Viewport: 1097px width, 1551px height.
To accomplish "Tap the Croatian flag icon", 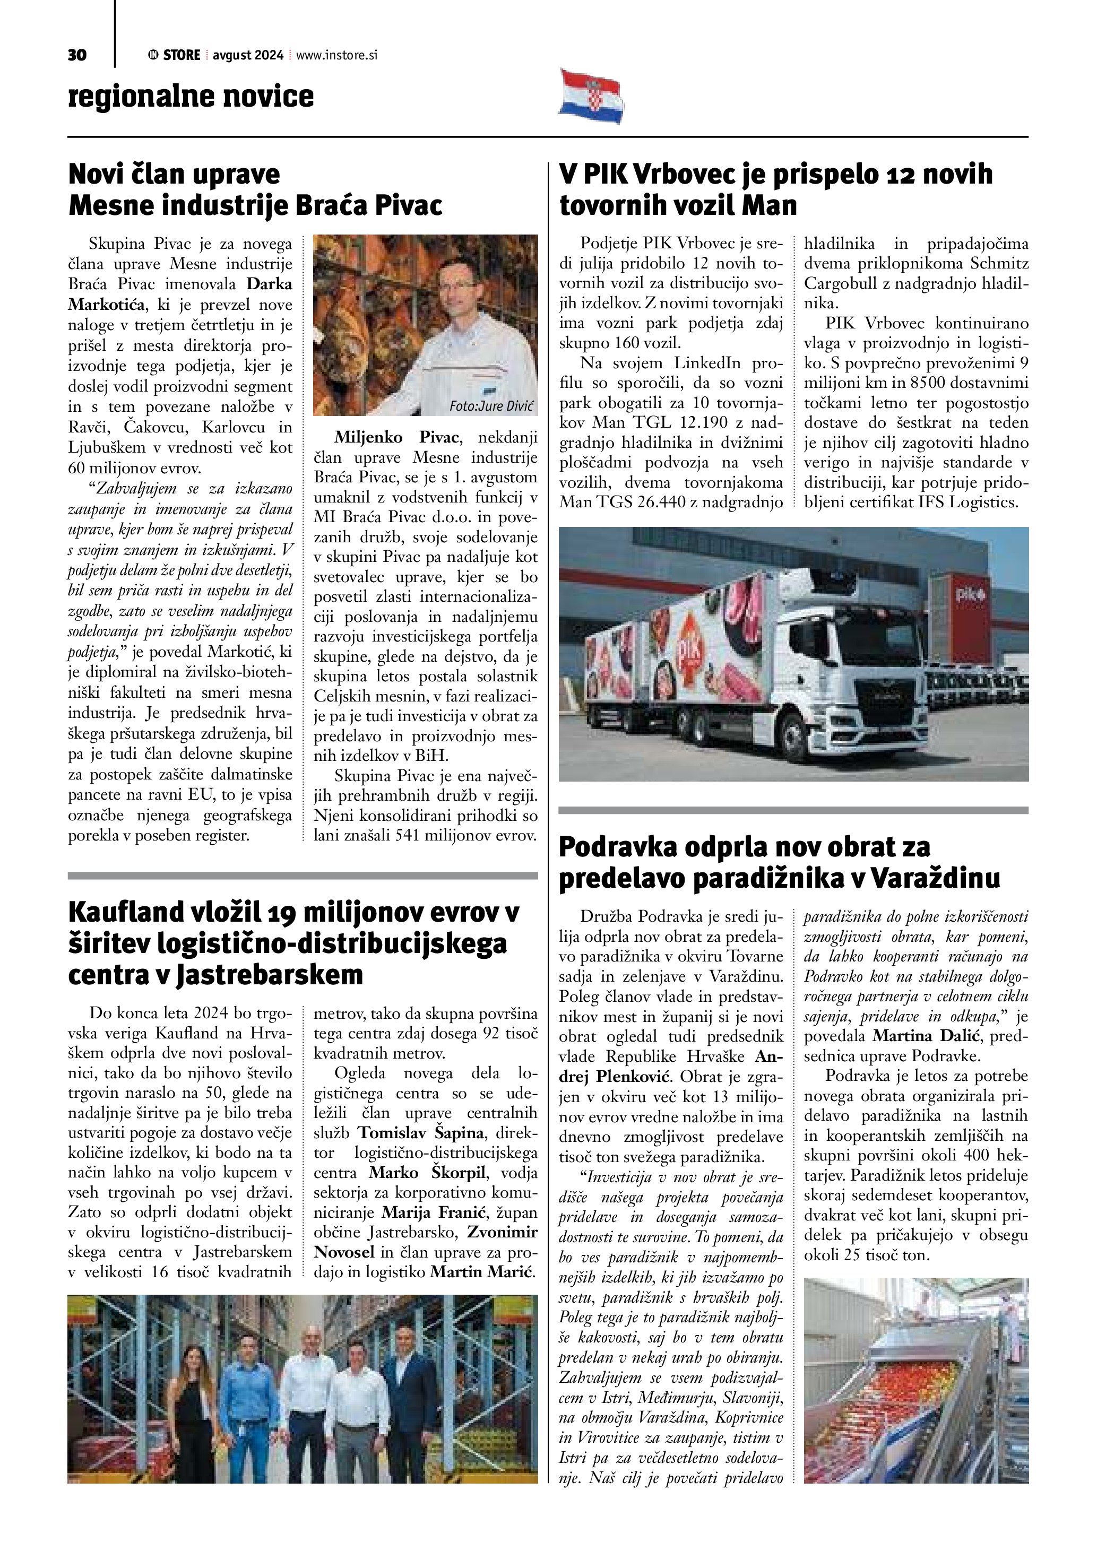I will click(592, 96).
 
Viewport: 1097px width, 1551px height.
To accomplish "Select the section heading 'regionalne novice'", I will click(191, 96).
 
